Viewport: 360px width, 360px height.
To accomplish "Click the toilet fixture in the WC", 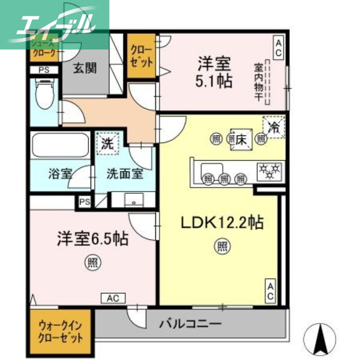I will [x=44, y=94].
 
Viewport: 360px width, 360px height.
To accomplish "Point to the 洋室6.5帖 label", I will [x=92, y=238].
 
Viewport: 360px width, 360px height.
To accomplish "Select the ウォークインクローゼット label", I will [x=61, y=331].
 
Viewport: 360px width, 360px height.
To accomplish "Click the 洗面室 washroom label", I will [x=125, y=173].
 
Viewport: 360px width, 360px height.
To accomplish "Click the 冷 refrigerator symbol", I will [x=274, y=127].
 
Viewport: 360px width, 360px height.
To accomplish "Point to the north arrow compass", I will [x=320, y=337].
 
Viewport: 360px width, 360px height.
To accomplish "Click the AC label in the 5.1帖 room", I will [x=279, y=48].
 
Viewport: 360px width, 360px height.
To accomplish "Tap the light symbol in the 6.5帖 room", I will [x=93, y=263].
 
